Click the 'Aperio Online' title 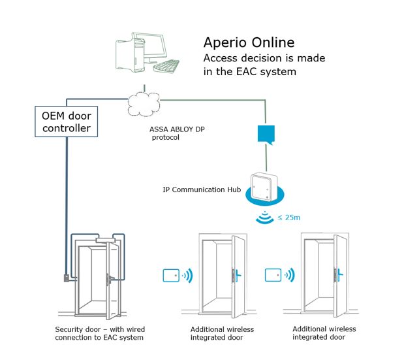[x=249, y=42]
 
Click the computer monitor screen [x=152, y=47]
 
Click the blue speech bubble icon [x=265, y=136]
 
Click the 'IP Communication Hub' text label [x=201, y=189]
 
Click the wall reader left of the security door [x=66, y=277]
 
